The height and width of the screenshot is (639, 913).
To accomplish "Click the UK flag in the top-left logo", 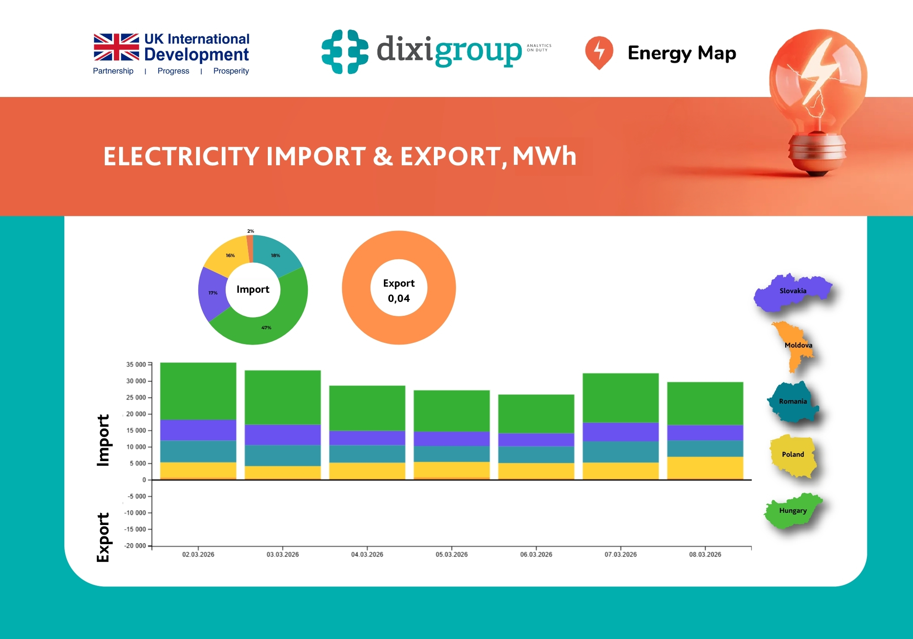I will (x=116, y=47).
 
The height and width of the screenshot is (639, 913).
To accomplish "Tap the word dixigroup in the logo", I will (x=449, y=50).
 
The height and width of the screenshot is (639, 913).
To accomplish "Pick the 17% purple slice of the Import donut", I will (x=212, y=293).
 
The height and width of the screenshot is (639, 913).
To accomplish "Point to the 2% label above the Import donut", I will (x=250, y=231).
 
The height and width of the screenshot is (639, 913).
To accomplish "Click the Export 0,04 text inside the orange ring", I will (x=399, y=291).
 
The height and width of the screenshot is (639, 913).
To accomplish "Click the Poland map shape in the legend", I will (x=792, y=455).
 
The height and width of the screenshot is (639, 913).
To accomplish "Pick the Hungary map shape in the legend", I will (x=792, y=511).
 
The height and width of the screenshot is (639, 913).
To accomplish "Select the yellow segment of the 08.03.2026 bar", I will (x=705, y=468).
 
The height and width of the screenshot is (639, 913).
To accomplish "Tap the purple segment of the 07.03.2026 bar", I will (x=620, y=432).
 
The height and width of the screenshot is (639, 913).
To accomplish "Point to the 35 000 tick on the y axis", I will (x=136, y=365).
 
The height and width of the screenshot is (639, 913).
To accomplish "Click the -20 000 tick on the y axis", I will (x=135, y=545).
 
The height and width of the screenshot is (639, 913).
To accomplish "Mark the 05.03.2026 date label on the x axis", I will (x=451, y=554).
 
